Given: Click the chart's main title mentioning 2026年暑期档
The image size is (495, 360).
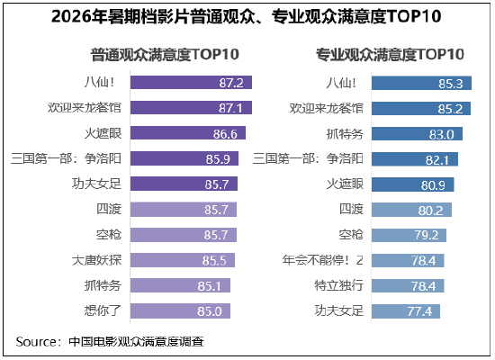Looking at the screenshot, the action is pyautogui.click(x=247, y=16).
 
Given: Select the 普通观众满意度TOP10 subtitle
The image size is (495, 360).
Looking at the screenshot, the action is pyautogui.click(x=165, y=54).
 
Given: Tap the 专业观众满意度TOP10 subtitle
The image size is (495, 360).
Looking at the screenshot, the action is pyautogui.click(x=391, y=54).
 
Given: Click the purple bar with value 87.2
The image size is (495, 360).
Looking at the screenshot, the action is pyautogui.click(x=191, y=83).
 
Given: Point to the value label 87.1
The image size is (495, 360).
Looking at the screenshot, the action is pyautogui.click(x=230, y=108).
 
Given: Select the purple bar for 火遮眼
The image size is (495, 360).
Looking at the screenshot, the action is pyautogui.click(x=188, y=133).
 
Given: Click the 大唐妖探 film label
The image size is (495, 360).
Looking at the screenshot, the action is pyautogui.click(x=96, y=260).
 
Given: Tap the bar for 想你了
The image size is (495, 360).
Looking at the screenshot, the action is pyautogui.click(x=180, y=311).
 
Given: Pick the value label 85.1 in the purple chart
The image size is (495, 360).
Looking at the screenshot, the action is pyautogui.click(x=209, y=286).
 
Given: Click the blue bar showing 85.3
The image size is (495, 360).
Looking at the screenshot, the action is pyautogui.click(x=421, y=83).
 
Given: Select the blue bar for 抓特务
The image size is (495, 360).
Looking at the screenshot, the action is pyautogui.click(x=417, y=134).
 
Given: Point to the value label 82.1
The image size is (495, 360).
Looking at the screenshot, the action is pyautogui.click(x=437, y=160).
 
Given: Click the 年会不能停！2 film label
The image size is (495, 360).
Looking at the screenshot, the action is pyautogui.click(x=322, y=260).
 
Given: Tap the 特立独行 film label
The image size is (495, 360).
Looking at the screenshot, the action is pyautogui.click(x=338, y=285).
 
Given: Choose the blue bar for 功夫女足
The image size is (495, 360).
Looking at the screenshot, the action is pyautogui.click(x=406, y=311).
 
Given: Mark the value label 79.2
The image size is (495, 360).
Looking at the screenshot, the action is pyautogui.click(x=427, y=235).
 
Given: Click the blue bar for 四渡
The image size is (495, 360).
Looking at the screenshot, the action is pyautogui.click(x=411, y=210).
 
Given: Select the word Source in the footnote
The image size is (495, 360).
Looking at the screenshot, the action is pyautogui.click(x=36, y=342).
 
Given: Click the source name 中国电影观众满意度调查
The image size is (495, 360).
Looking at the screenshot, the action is pyautogui.click(x=137, y=342).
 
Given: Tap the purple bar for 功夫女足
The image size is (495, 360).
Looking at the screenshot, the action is pyautogui.click(x=184, y=184).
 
